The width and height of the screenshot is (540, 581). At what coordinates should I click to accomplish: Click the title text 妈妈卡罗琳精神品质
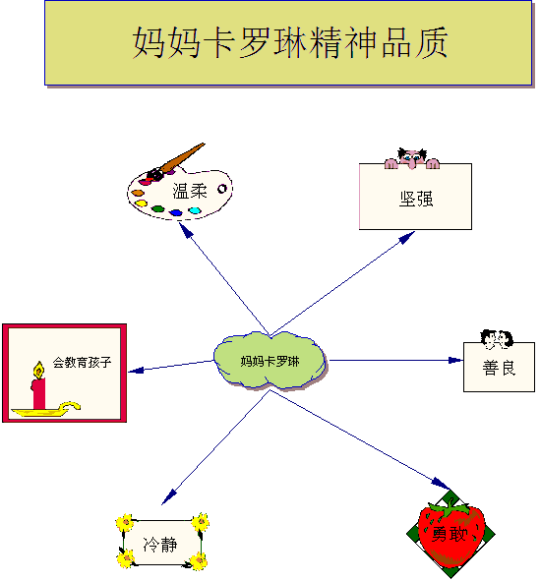point(290,42)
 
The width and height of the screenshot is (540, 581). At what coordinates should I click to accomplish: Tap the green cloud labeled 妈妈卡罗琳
point(270,361)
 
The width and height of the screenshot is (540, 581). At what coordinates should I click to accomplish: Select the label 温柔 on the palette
point(190,191)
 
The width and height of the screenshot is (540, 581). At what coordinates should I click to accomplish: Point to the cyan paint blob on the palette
point(195,210)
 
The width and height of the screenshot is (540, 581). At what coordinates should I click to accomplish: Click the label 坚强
point(416,199)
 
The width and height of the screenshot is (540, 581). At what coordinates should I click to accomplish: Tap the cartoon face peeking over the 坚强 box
point(412,158)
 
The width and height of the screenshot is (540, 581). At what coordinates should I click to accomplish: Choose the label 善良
point(499,368)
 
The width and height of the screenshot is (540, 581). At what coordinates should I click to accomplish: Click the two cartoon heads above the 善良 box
point(497,339)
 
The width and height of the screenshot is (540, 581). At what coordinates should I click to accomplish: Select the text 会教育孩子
point(82,362)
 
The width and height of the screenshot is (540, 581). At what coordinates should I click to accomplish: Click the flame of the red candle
point(38,370)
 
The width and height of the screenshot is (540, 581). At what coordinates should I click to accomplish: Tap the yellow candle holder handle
point(71,406)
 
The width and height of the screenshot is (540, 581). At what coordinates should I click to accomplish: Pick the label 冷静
point(160,545)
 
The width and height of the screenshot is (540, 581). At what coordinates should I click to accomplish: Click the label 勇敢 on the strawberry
point(449,535)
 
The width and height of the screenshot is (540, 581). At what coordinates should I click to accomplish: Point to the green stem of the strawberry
point(449,507)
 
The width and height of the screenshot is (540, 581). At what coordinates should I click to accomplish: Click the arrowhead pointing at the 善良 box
point(455,360)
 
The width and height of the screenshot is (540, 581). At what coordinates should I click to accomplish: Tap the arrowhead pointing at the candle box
point(136,370)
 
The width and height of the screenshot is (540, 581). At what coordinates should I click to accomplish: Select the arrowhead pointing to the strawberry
point(441,484)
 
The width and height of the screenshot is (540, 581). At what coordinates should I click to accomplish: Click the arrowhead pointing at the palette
point(186,230)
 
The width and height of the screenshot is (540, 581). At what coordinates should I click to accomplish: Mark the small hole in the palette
point(222,189)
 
